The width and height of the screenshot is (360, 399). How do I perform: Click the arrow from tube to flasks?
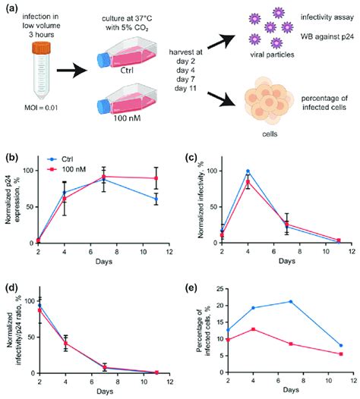pyautogui.click(x=75, y=72)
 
